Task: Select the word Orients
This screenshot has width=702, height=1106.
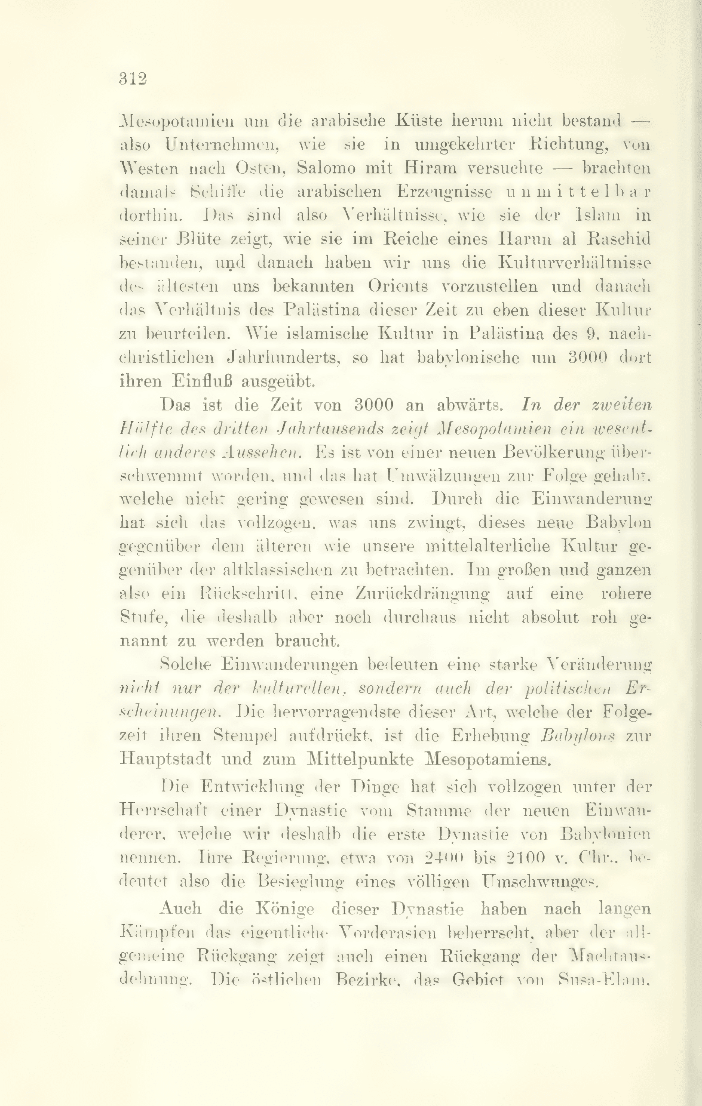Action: [398, 286]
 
